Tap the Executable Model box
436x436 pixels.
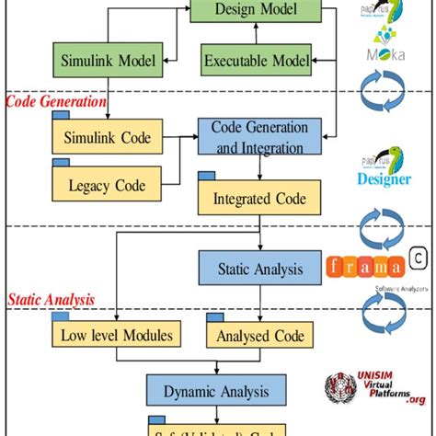click(257, 62)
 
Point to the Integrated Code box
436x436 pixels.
click(260, 198)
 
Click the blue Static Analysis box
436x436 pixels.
click(258, 270)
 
